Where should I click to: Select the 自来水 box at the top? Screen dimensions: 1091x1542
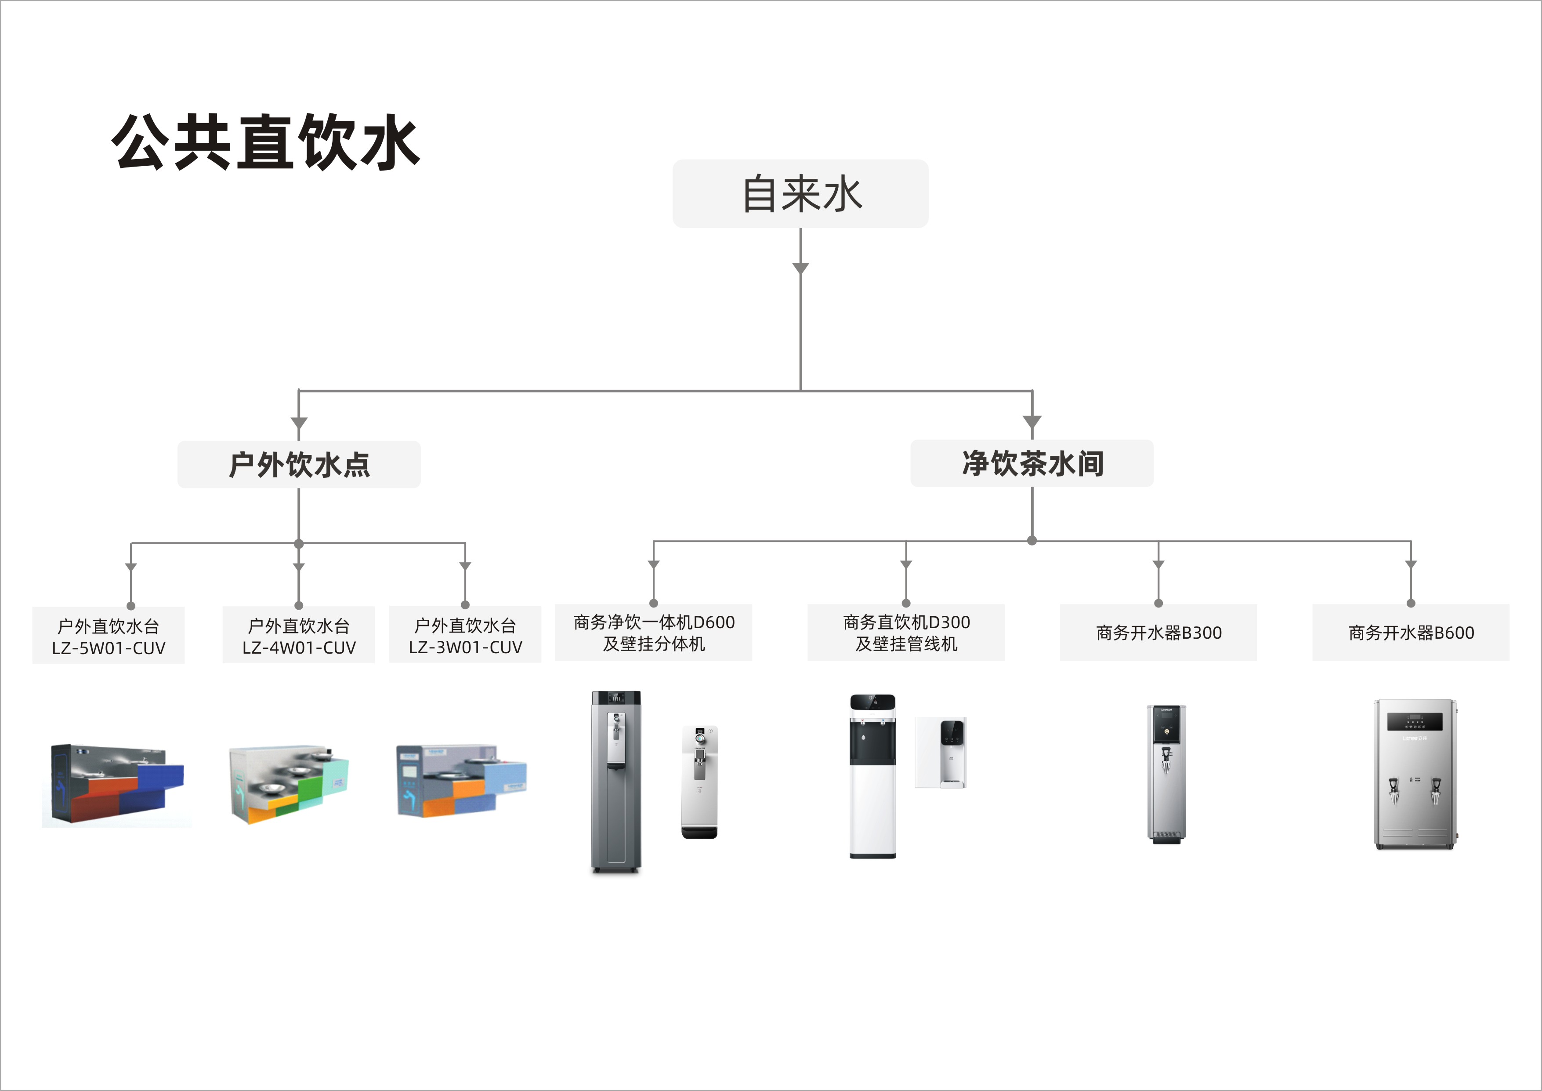coord(800,193)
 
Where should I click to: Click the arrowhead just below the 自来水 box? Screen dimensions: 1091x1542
coord(800,268)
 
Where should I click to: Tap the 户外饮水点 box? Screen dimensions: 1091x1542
coord(299,464)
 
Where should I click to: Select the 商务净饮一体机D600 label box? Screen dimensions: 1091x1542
coord(653,632)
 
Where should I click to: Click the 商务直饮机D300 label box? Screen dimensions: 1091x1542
coord(905,632)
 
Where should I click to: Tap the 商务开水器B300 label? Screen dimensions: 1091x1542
coord(1158,632)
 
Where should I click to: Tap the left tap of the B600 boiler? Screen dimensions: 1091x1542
coord(1393,790)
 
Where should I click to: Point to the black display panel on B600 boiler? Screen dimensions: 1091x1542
coord(1415,721)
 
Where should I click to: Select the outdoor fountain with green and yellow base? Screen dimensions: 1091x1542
coord(289,784)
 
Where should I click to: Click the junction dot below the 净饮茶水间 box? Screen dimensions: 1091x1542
coord(1032,540)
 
